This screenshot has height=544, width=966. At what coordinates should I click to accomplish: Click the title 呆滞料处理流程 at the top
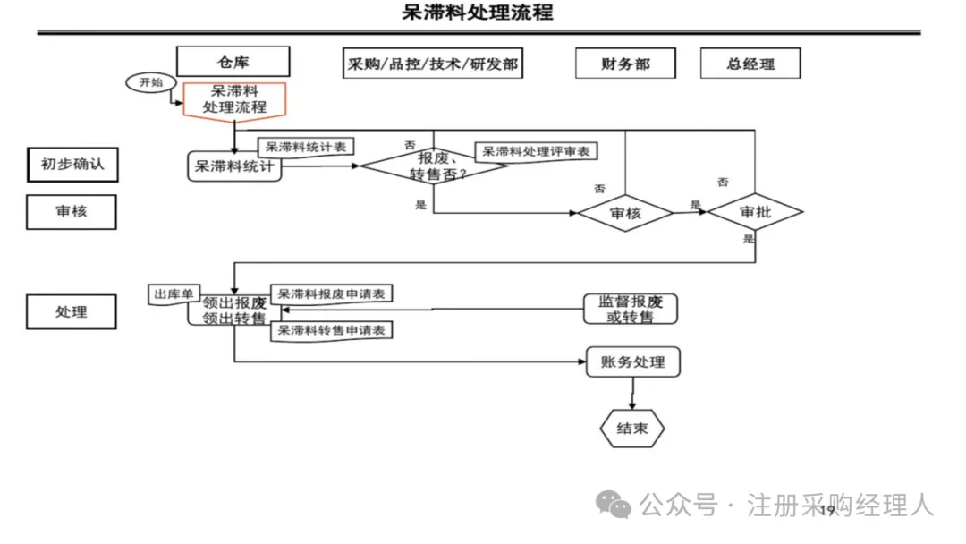(x=479, y=13)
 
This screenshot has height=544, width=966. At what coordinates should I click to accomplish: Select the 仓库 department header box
(x=233, y=62)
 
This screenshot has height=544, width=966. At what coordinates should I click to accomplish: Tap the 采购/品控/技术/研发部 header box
(x=432, y=63)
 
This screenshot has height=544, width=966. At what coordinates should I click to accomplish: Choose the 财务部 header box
(x=625, y=64)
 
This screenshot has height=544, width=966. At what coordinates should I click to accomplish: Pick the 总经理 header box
(x=750, y=64)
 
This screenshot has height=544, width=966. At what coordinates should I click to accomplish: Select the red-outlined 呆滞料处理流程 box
(x=234, y=98)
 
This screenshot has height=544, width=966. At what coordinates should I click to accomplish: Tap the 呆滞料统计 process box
(x=234, y=166)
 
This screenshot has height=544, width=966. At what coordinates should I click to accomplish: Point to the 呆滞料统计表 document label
(x=301, y=147)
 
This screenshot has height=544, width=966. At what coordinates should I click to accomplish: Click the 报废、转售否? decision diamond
(x=433, y=166)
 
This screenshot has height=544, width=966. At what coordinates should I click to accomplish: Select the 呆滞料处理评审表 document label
(x=536, y=151)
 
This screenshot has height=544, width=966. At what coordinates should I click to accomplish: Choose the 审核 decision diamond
(x=625, y=213)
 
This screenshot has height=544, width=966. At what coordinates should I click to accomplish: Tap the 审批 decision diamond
(x=755, y=212)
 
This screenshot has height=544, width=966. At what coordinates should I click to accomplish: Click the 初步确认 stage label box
(x=72, y=165)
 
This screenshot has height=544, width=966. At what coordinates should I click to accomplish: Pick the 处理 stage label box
(x=72, y=311)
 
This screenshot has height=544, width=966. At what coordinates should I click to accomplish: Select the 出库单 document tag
(x=174, y=295)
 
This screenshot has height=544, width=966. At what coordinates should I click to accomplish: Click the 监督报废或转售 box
(x=631, y=310)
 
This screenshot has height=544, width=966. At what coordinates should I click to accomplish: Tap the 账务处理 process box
(x=632, y=362)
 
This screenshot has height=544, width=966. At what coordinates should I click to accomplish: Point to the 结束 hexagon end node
(x=631, y=429)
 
